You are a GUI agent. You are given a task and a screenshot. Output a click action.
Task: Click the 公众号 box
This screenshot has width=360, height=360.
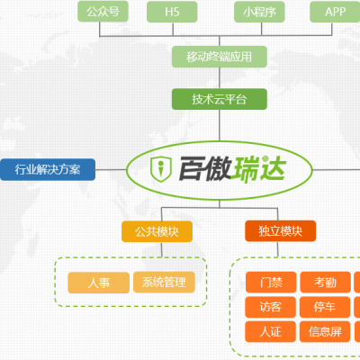point(103,12)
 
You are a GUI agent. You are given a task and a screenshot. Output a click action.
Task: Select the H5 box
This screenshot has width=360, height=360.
point(172,12)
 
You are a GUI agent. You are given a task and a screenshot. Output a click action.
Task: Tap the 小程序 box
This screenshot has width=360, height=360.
point(259,12)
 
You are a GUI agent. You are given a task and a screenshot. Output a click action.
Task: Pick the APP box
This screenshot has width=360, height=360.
point(335,12)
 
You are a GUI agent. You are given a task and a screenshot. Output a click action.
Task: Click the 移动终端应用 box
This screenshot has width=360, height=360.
point(220,57)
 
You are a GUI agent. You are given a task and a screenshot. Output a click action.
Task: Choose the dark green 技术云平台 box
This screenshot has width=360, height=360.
point(220,99)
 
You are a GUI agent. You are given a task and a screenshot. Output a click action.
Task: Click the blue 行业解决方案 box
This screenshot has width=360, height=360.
point(48,169)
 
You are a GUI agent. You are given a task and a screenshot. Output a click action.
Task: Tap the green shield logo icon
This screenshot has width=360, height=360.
point(161,169)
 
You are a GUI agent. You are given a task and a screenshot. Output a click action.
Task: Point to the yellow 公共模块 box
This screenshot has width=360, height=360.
point(157,231)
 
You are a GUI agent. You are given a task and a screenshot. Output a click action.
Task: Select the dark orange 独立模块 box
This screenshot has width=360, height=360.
point(281,231)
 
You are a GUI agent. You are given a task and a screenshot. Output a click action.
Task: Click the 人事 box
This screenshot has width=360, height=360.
point(99,283)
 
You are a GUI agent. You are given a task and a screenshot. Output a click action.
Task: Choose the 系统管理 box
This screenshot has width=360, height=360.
point(164,282)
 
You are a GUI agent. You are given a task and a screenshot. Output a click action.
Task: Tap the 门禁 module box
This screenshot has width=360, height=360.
point(271,282)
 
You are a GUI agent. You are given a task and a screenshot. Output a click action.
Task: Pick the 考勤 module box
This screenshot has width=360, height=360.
point(326,282)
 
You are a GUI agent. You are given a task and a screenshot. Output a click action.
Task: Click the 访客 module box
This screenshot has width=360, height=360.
point(270,307)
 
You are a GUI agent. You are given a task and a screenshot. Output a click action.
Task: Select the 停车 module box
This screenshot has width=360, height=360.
point(325,307)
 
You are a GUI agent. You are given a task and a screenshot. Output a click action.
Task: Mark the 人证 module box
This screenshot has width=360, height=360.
point(270,331)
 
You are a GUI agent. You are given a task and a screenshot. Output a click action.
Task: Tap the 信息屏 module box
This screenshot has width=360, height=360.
point(325,331)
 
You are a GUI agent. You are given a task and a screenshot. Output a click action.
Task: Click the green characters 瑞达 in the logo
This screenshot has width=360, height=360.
point(260,168)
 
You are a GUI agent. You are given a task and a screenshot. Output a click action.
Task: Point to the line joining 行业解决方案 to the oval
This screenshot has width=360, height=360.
point(111,170)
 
